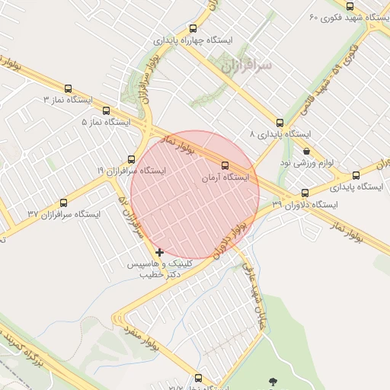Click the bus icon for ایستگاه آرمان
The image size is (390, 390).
[x=225, y=165]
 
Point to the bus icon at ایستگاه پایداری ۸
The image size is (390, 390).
[x=280, y=123]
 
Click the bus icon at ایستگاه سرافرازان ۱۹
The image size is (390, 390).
[x=132, y=160]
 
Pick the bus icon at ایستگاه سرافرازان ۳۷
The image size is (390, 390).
[x=63, y=203]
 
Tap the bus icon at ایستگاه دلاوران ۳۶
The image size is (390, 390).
[x=305, y=193]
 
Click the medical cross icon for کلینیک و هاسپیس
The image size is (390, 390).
[x=159, y=252]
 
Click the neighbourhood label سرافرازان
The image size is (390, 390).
[x=246, y=67]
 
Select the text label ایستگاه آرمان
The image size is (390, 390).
[x=225, y=177]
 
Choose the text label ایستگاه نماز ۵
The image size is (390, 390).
[x=106, y=122]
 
